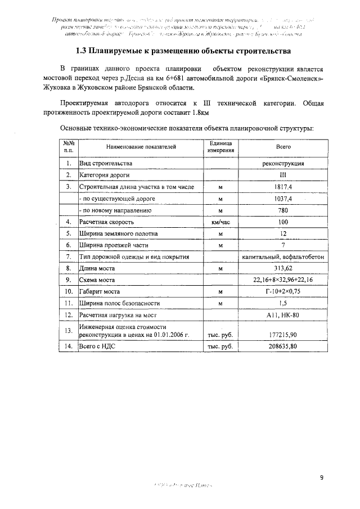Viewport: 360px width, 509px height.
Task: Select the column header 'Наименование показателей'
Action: (141, 147)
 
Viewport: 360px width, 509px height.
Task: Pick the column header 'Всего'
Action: (283, 147)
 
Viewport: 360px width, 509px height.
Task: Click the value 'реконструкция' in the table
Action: (283, 163)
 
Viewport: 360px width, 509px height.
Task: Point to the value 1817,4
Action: (283, 186)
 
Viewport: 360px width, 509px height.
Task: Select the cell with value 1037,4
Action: (283, 198)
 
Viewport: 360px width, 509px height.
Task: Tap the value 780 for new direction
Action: (283, 210)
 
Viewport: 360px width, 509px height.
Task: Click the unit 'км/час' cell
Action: (220, 222)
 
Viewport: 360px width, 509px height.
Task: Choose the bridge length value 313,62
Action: (283, 268)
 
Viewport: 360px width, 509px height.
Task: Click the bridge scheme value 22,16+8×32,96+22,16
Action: (283, 280)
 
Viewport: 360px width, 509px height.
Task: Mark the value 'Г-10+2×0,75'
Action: (283, 292)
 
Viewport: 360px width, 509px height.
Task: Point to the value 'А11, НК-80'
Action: (283, 315)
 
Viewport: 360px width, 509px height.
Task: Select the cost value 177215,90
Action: (283, 334)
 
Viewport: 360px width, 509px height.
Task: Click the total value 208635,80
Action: (283, 346)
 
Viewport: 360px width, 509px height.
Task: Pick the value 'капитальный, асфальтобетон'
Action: (283, 256)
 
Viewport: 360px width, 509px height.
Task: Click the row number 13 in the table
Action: (69, 330)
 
